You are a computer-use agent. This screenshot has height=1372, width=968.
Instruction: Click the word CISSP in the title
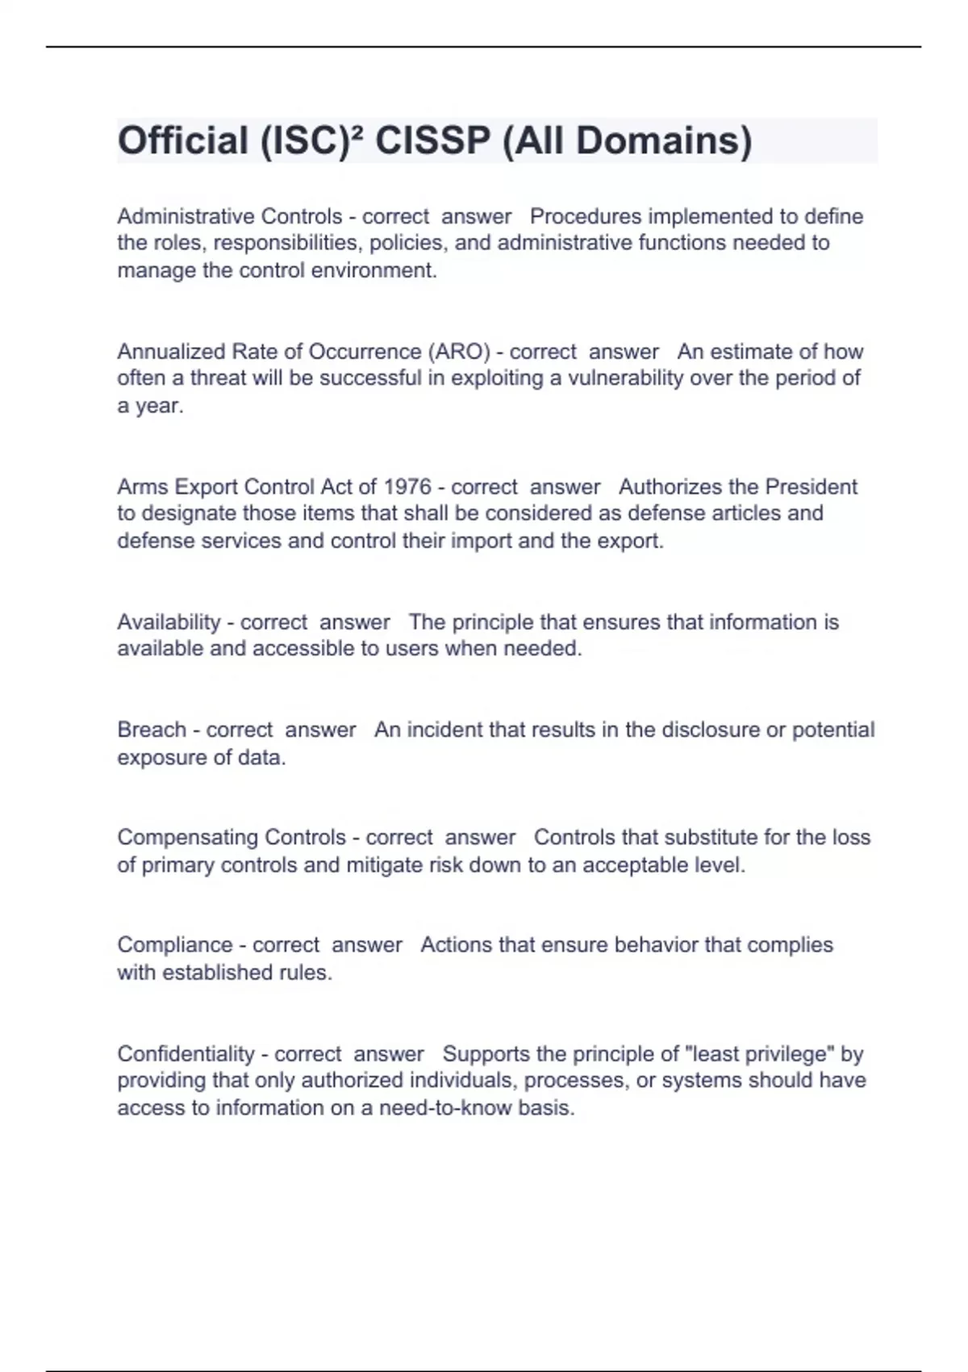pyautogui.click(x=432, y=141)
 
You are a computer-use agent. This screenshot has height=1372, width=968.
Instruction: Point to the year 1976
pyautogui.click(x=407, y=487)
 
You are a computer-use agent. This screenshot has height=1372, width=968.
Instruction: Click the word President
pyautogui.click(x=811, y=487)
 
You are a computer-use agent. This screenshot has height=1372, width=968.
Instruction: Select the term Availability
pyautogui.click(x=169, y=622)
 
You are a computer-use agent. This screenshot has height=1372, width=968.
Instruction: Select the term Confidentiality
pyautogui.click(x=186, y=1054)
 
